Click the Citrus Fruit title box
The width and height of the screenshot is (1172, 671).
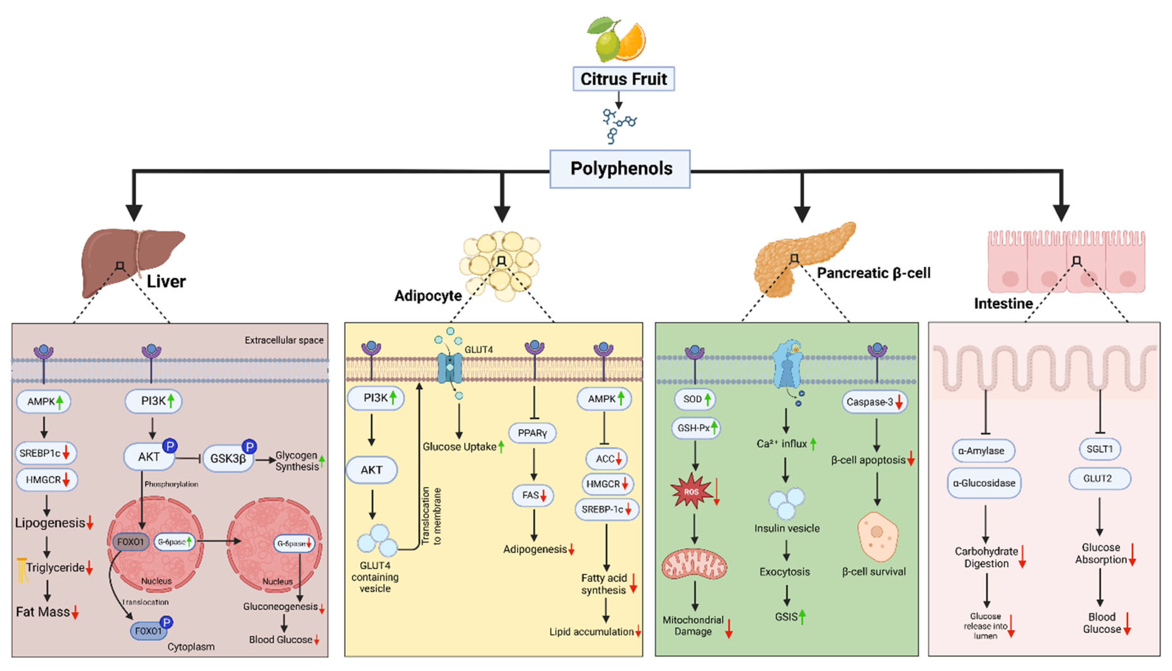(x=623, y=79)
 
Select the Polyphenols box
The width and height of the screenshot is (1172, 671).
(x=620, y=169)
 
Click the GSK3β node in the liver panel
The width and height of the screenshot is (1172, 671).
(x=228, y=458)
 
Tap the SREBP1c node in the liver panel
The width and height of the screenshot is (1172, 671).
(x=45, y=453)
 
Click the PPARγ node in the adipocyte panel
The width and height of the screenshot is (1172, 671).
(x=532, y=433)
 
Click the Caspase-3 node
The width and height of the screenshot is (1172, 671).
(x=874, y=402)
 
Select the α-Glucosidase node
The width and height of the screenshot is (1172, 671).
(x=984, y=483)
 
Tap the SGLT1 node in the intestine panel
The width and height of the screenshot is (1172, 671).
(x=1100, y=449)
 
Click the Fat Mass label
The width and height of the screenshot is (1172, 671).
(x=43, y=612)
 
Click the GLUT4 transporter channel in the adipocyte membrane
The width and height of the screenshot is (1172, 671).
(x=450, y=368)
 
